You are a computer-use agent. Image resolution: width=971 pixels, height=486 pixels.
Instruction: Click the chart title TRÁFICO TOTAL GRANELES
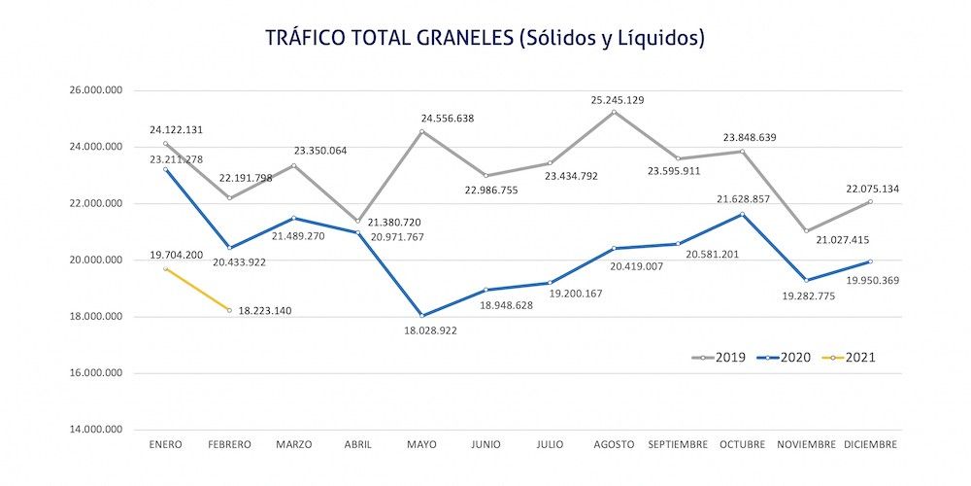485,38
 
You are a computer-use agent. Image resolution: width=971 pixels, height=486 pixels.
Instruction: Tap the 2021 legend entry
849,358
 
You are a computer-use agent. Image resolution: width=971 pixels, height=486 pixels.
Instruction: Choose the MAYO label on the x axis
421,444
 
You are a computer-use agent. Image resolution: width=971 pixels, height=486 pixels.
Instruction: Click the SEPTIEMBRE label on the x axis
678,444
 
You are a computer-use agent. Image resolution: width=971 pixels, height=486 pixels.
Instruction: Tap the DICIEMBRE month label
870,444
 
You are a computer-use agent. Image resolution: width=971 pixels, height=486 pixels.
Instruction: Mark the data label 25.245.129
612,100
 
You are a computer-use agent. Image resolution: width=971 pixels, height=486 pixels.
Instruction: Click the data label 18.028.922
423,330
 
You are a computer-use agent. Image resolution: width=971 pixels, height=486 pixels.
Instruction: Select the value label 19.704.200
176,255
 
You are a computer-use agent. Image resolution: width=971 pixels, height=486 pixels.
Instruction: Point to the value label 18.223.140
265,311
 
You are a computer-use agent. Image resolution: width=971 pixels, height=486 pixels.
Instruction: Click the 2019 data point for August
613,112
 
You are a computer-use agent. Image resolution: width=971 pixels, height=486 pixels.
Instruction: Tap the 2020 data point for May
421,316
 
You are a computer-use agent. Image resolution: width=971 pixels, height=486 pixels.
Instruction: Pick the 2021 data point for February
229,310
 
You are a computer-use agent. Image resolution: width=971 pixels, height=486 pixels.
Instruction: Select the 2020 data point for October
742,214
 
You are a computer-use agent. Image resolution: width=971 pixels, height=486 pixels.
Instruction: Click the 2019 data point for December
870,201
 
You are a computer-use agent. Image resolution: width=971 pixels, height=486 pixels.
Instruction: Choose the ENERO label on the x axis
165,444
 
